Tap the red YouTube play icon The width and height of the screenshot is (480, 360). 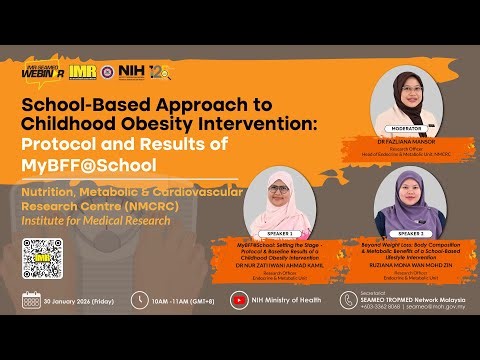click(238, 300)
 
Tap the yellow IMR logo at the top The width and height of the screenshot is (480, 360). click(85, 72)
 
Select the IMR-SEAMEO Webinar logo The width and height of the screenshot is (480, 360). click(44, 72)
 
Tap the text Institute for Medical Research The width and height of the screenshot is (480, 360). click(86, 221)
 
